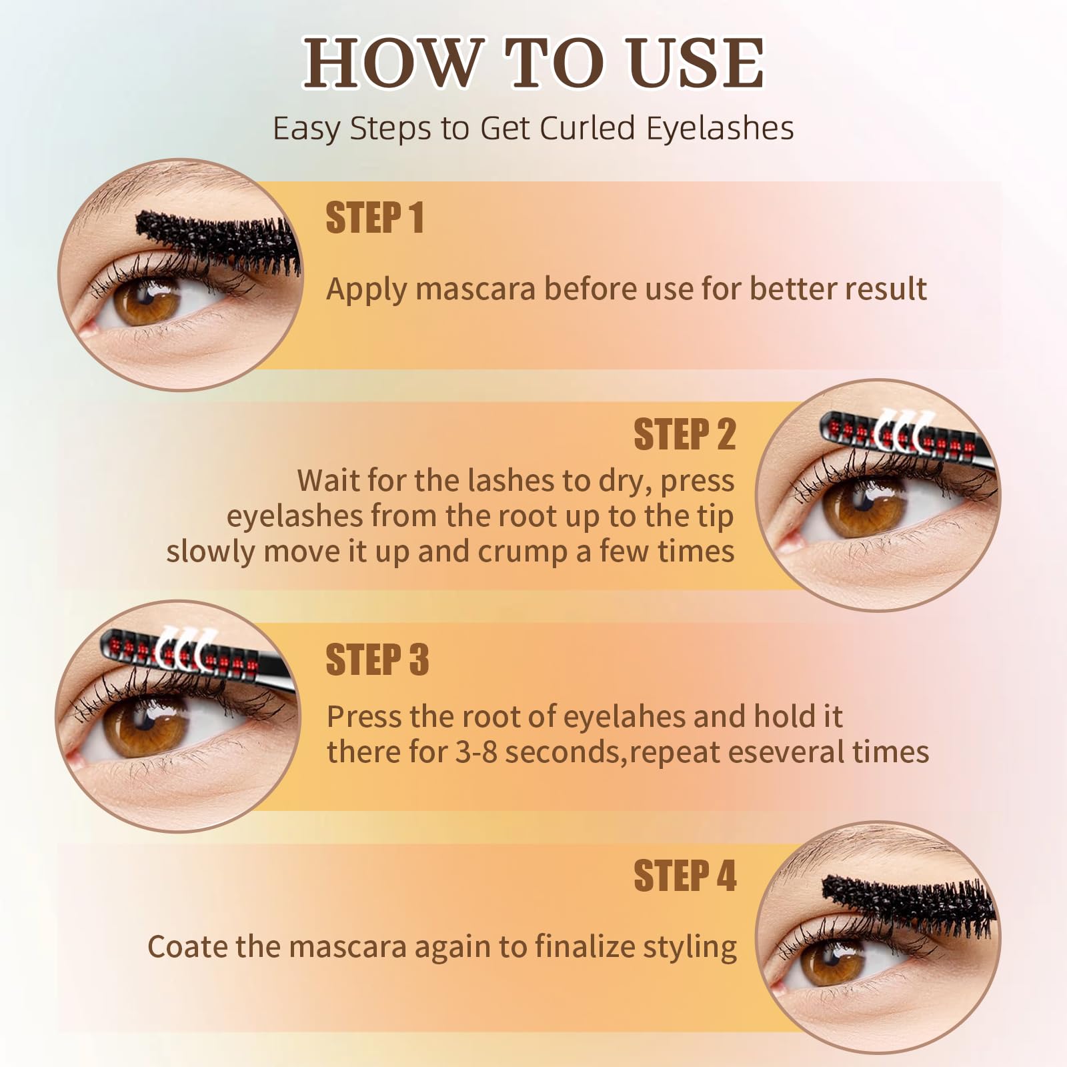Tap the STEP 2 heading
click(x=684, y=434)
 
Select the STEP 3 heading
click(x=377, y=660)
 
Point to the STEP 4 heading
click(x=685, y=876)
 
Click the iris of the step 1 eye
click(x=147, y=299)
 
